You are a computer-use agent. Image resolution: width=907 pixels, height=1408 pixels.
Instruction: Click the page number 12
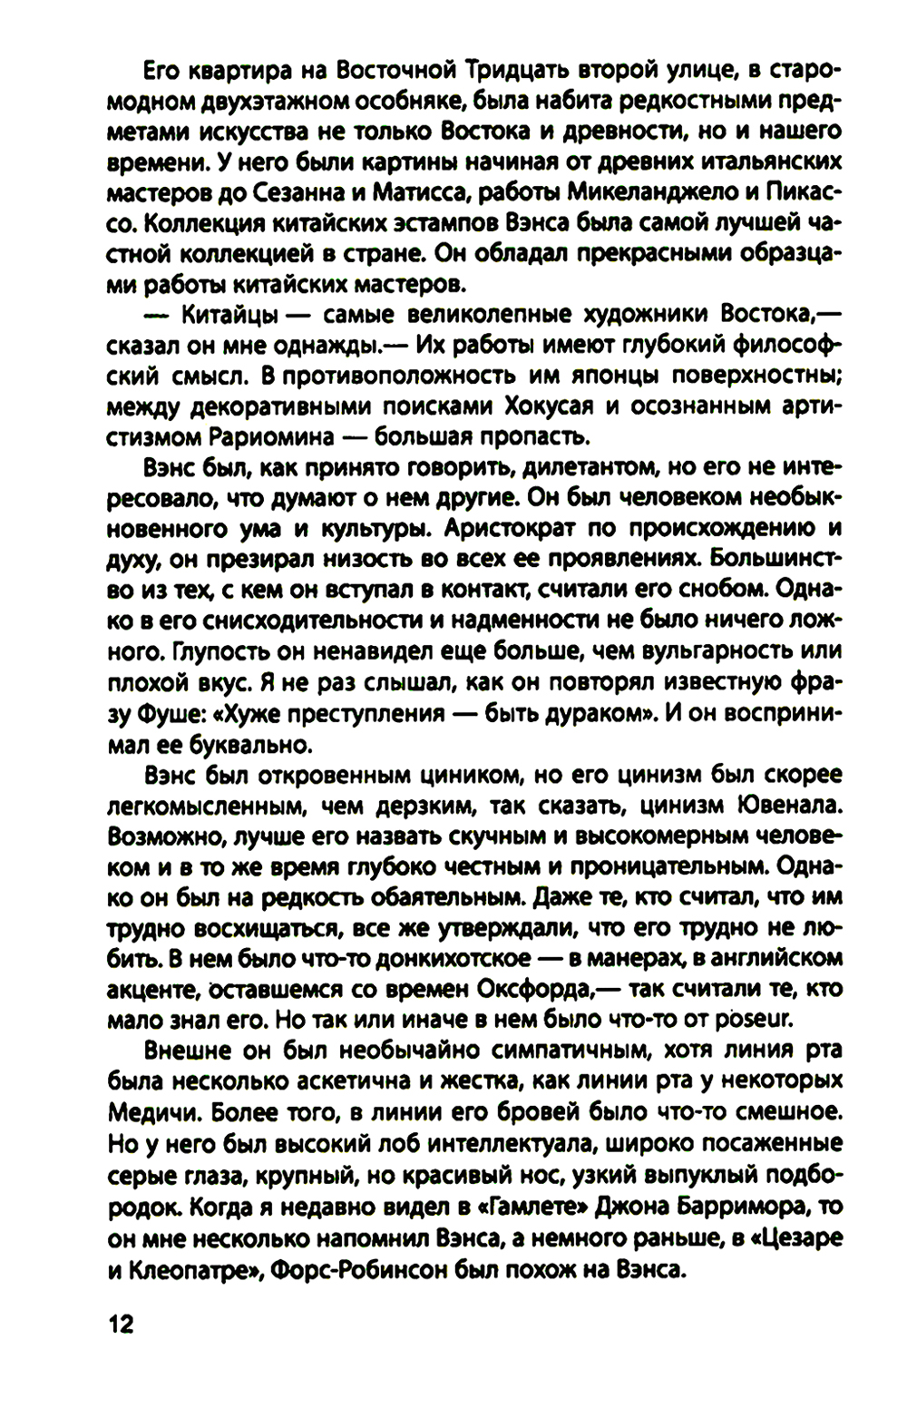coord(121,1325)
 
